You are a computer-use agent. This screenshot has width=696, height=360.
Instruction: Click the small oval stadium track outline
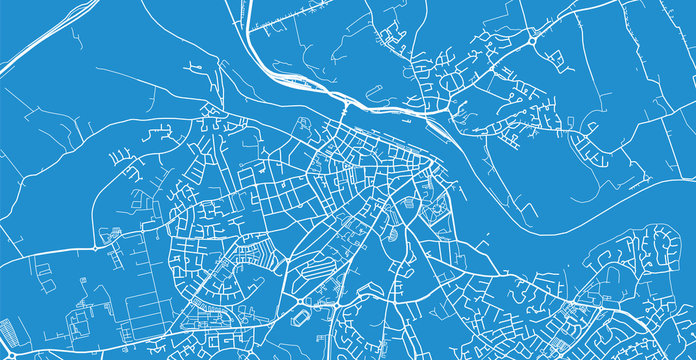tap(301, 319)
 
